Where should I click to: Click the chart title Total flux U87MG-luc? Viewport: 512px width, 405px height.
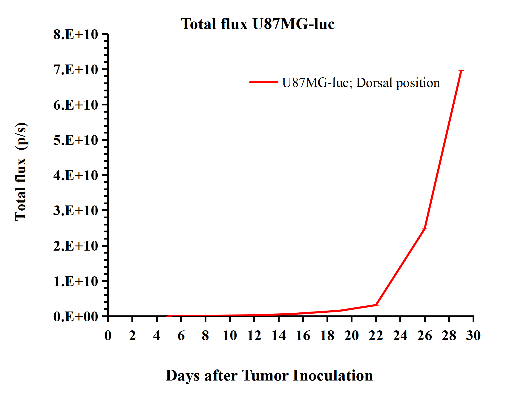[x=257, y=24]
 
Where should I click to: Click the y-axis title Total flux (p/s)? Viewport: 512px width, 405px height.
[x=21, y=171]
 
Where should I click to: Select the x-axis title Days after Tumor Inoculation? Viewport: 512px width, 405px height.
[x=269, y=375]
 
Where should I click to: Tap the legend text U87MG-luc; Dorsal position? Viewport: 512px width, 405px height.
[x=361, y=83]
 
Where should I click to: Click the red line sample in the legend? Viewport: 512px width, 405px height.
[x=263, y=82]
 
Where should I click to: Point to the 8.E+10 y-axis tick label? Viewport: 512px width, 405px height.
[x=76, y=35]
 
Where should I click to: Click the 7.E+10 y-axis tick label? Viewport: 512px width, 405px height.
[x=76, y=70]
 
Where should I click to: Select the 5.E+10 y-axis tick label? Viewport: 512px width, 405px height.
[x=76, y=140]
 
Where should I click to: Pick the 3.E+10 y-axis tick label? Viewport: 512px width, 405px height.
[x=76, y=211]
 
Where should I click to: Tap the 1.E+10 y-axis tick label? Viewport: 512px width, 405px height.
[x=76, y=281]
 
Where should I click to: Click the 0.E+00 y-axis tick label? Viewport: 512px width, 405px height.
[x=76, y=317]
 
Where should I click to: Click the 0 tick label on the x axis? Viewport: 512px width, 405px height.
[x=108, y=336]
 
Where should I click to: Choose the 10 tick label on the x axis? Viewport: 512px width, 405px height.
[x=230, y=336]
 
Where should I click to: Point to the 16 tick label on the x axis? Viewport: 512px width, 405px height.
[x=303, y=336]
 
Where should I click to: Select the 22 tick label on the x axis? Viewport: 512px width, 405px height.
[x=376, y=336]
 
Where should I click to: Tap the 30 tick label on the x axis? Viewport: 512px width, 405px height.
[x=473, y=336]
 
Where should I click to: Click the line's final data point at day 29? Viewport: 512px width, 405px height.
[x=461, y=71]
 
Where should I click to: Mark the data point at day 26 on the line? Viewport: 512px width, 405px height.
[x=425, y=229]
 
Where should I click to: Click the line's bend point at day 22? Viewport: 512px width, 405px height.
[x=376, y=305]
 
